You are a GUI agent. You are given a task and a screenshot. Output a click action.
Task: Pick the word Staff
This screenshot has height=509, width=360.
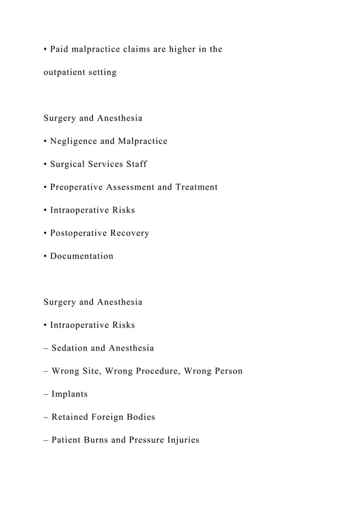click(x=136, y=164)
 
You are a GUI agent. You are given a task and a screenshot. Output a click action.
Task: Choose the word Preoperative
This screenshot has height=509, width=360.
click(x=76, y=187)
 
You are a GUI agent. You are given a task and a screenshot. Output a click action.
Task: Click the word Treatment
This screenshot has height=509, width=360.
click(x=196, y=187)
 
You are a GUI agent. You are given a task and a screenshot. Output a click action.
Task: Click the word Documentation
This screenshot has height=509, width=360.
click(x=82, y=256)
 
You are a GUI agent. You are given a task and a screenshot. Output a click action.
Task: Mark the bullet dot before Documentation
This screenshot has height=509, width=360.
click(x=45, y=256)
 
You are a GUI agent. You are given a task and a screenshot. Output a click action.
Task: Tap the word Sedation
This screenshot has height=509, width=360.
click(x=69, y=348)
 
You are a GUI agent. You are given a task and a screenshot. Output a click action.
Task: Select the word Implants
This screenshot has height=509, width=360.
click(x=69, y=394)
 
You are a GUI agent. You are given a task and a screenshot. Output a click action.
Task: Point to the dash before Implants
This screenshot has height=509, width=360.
click(x=46, y=394)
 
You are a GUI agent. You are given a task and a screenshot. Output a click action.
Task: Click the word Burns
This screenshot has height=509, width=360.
click(x=96, y=440)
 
